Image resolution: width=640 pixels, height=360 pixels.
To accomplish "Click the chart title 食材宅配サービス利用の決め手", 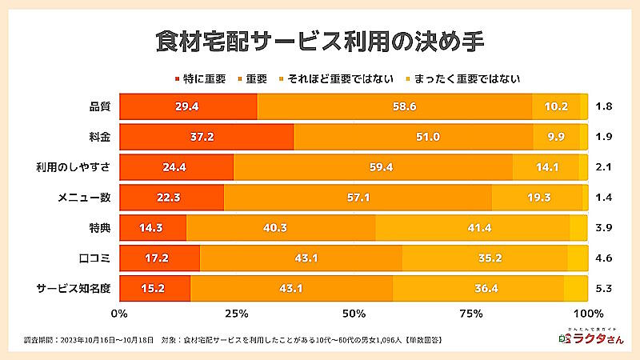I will tap(320, 41).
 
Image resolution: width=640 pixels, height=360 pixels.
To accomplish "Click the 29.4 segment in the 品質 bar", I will tap(188, 106).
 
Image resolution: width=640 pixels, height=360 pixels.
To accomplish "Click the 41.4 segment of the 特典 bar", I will tap(472, 228).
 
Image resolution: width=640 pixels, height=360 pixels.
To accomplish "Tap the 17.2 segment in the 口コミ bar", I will tap(159, 258).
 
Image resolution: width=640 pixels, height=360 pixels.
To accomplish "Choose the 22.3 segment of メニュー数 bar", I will tap(171, 198).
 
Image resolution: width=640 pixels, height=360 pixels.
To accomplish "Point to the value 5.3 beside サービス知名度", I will tap(604, 289).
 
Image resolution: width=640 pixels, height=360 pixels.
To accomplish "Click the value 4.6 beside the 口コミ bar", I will tap(604, 258).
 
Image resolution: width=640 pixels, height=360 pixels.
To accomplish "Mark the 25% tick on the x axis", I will tap(236, 312).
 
